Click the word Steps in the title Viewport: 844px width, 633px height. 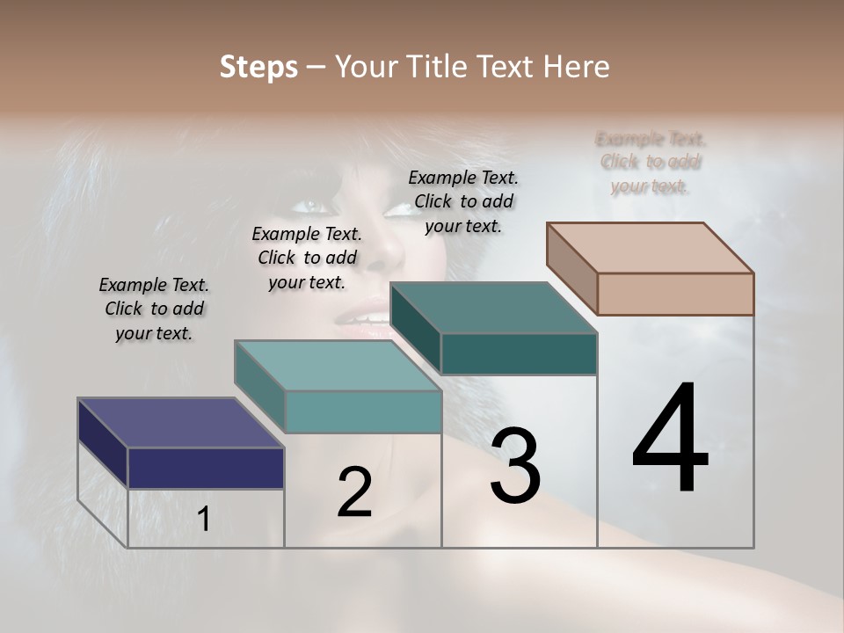[x=258, y=68]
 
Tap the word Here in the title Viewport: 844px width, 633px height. [x=576, y=68]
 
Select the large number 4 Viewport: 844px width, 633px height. [x=670, y=440]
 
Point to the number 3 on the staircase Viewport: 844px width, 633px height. [x=515, y=466]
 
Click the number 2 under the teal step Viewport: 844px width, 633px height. [x=354, y=492]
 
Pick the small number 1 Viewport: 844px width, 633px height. [x=204, y=520]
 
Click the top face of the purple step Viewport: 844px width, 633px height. [x=181, y=423]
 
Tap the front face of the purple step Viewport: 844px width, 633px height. [x=206, y=468]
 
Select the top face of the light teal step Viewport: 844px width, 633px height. [x=338, y=366]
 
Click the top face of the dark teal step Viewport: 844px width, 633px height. [x=493, y=308]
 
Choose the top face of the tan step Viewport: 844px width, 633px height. [x=650, y=248]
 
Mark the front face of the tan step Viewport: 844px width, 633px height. [x=675, y=294]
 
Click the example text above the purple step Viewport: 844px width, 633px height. [x=154, y=309]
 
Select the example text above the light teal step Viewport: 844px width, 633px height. [x=307, y=258]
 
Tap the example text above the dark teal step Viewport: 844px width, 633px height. [x=463, y=201]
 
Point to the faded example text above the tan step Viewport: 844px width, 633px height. [x=651, y=163]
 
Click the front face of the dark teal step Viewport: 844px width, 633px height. [x=519, y=354]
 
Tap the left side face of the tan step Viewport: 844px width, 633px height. [x=571, y=269]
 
